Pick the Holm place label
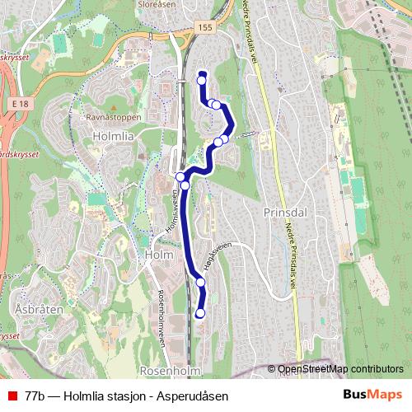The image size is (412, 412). (x=157, y=255)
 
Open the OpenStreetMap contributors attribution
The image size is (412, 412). (x=340, y=368)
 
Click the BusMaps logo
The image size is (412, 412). (x=372, y=395)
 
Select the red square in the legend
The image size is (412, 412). (x=11, y=396)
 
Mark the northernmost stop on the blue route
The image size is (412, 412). (x=201, y=79)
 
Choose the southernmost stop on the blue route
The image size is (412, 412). (x=199, y=313)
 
